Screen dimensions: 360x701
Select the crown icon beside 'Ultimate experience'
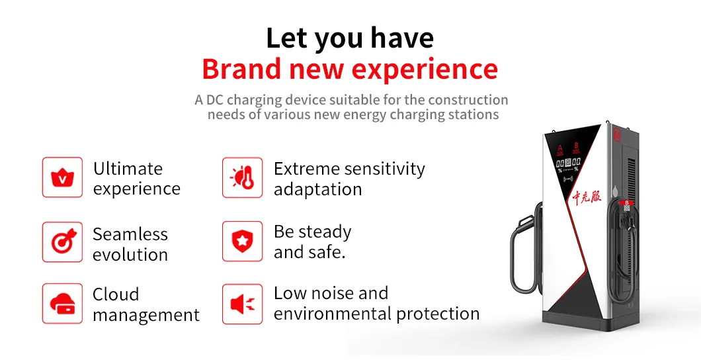coord(62,177)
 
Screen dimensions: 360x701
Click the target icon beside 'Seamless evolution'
coord(62,242)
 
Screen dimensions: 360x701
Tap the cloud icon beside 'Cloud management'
coord(62,304)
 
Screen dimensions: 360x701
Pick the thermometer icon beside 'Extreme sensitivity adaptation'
coord(242,177)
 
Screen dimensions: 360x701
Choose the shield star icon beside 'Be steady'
coord(242,242)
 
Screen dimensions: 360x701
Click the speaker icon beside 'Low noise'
coord(242,304)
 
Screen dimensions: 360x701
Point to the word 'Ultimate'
coord(128,169)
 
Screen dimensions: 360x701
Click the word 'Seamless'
coord(130,234)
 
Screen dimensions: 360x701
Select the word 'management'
coord(146,316)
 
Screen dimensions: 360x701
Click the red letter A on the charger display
coord(559,148)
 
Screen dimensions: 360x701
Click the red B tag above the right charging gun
coord(626,203)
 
